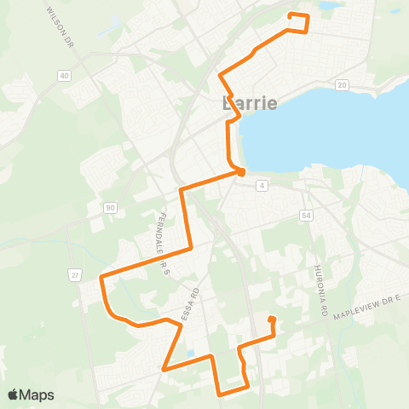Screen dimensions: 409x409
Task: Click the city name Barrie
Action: click(250, 104)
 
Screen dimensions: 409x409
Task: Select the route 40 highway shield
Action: click(65, 76)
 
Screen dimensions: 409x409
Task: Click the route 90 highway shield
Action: click(110, 207)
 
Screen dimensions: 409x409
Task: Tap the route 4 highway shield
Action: click(262, 185)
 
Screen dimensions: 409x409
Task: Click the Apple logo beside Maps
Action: click(14, 395)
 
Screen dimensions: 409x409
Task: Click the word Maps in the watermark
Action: click(37, 395)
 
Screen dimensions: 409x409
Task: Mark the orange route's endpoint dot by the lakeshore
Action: click(241, 172)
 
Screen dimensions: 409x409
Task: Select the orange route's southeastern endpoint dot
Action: click(272, 320)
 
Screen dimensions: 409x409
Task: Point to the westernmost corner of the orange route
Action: click(101, 277)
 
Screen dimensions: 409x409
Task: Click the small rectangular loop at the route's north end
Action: click(298, 22)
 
